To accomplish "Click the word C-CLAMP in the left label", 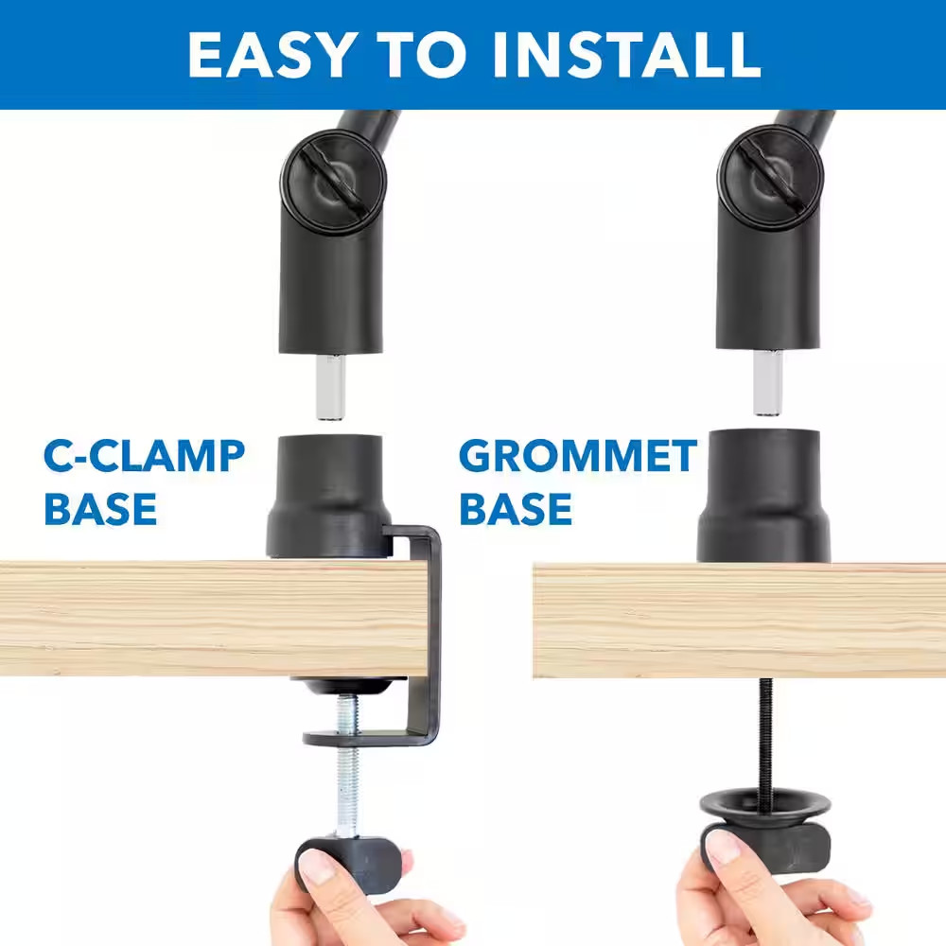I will pos(145,457).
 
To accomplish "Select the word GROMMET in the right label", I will pos(578,457).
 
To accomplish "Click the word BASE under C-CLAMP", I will pos(100,508).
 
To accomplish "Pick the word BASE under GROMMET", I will pos(516,508).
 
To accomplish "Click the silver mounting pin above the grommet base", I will pos(768,381).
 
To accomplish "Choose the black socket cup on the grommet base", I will pos(763,495).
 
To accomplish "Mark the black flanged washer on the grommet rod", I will pos(765,807).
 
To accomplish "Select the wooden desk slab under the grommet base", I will pos(738,620).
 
